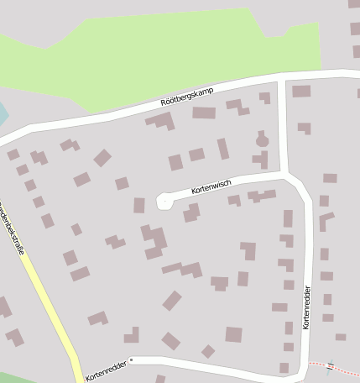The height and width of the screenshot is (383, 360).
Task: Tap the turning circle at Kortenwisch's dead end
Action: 164,201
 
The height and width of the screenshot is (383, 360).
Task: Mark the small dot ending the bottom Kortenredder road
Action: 132,359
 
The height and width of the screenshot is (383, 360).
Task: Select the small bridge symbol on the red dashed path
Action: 330,366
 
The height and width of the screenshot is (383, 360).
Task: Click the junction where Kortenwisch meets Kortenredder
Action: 289,176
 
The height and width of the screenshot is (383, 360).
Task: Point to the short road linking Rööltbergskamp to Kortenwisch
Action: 283,126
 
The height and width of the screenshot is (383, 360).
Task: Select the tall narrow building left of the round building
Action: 223,149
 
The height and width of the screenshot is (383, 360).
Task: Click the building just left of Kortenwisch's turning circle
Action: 139,205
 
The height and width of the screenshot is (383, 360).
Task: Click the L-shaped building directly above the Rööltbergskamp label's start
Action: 162,121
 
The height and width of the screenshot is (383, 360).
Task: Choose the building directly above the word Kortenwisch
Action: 196,155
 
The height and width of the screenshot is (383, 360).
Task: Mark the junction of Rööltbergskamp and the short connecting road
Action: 282,78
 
